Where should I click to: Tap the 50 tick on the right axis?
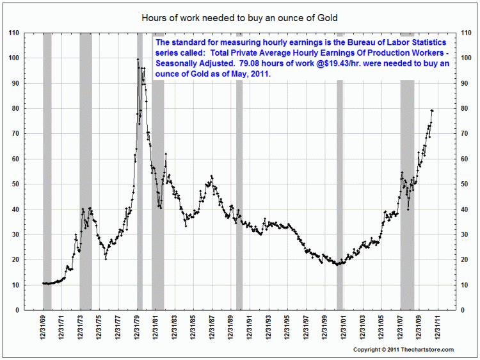pyautogui.click(x=467, y=184)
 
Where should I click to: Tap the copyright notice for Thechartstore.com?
pyautogui.click(x=403, y=350)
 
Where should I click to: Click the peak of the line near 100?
pyautogui.click(x=138, y=60)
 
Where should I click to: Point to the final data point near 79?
pyautogui.click(x=432, y=111)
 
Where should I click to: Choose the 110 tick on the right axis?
pyautogui.click(x=467, y=33)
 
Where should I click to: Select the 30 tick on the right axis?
pyautogui.click(x=467, y=235)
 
